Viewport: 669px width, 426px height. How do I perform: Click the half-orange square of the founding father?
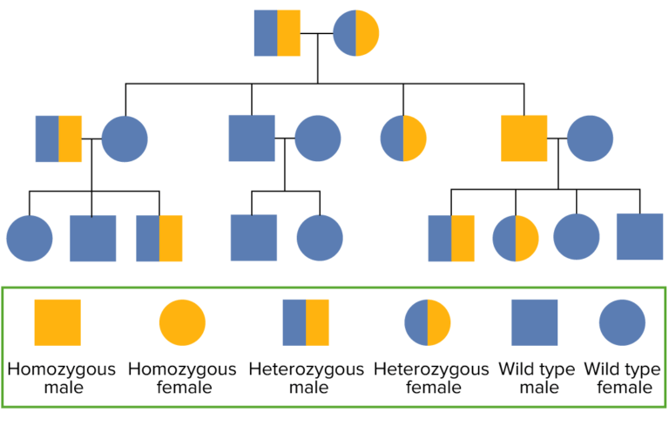point(277,33)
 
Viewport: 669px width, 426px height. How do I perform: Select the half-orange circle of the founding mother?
point(356,33)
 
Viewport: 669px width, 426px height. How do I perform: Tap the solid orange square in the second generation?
point(524,139)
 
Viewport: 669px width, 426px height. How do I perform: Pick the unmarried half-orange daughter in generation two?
point(403,139)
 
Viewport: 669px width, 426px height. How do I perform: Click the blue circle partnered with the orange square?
point(591,139)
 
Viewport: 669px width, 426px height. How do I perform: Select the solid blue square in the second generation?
point(252,139)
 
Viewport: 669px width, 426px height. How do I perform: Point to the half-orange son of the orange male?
point(451,238)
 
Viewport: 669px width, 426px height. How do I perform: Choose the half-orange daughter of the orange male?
point(516,238)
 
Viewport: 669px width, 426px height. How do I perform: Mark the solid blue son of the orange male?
point(640,237)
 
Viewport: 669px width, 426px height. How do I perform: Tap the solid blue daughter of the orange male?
point(577,238)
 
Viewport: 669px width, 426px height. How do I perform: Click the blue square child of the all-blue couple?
point(253,238)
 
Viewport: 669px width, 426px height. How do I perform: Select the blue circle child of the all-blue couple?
point(320,238)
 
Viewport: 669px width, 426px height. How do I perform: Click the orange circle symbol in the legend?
point(182,322)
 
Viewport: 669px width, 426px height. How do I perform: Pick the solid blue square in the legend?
point(534,322)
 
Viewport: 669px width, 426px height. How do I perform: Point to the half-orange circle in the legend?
point(427,322)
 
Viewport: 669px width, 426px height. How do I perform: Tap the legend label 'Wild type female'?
point(621,378)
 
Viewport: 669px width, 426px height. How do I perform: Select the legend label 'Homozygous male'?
point(61,378)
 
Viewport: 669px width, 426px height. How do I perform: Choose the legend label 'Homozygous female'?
point(182,378)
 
